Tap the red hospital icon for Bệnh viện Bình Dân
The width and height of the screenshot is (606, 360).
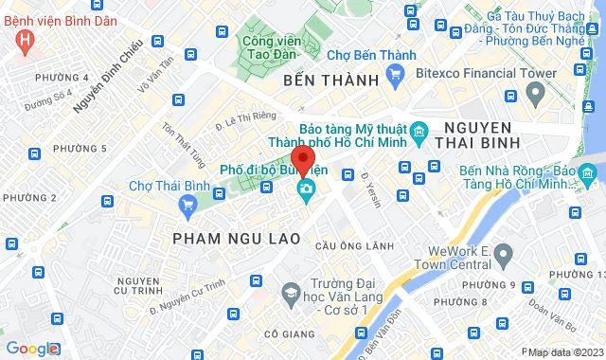[x=26, y=41]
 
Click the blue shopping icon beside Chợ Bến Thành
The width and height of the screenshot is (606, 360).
[x=396, y=74]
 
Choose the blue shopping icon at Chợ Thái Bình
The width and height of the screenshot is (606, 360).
[x=187, y=202]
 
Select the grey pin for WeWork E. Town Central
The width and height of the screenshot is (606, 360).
[x=504, y=253]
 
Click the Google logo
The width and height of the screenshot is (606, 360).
[x=31, y=349]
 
